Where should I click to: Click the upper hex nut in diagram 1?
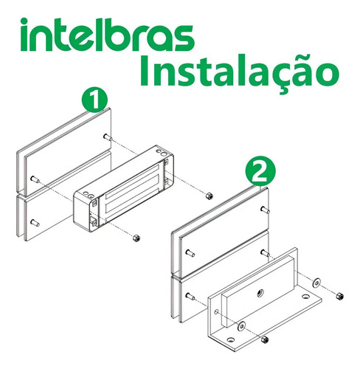(x=208, y=196)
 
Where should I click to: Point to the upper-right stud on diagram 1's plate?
(x=107, y=137)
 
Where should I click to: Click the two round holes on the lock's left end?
(x=88, y=196)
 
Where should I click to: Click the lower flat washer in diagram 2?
(x=241, y=325)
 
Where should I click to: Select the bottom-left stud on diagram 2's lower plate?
(x=190, y=297)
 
